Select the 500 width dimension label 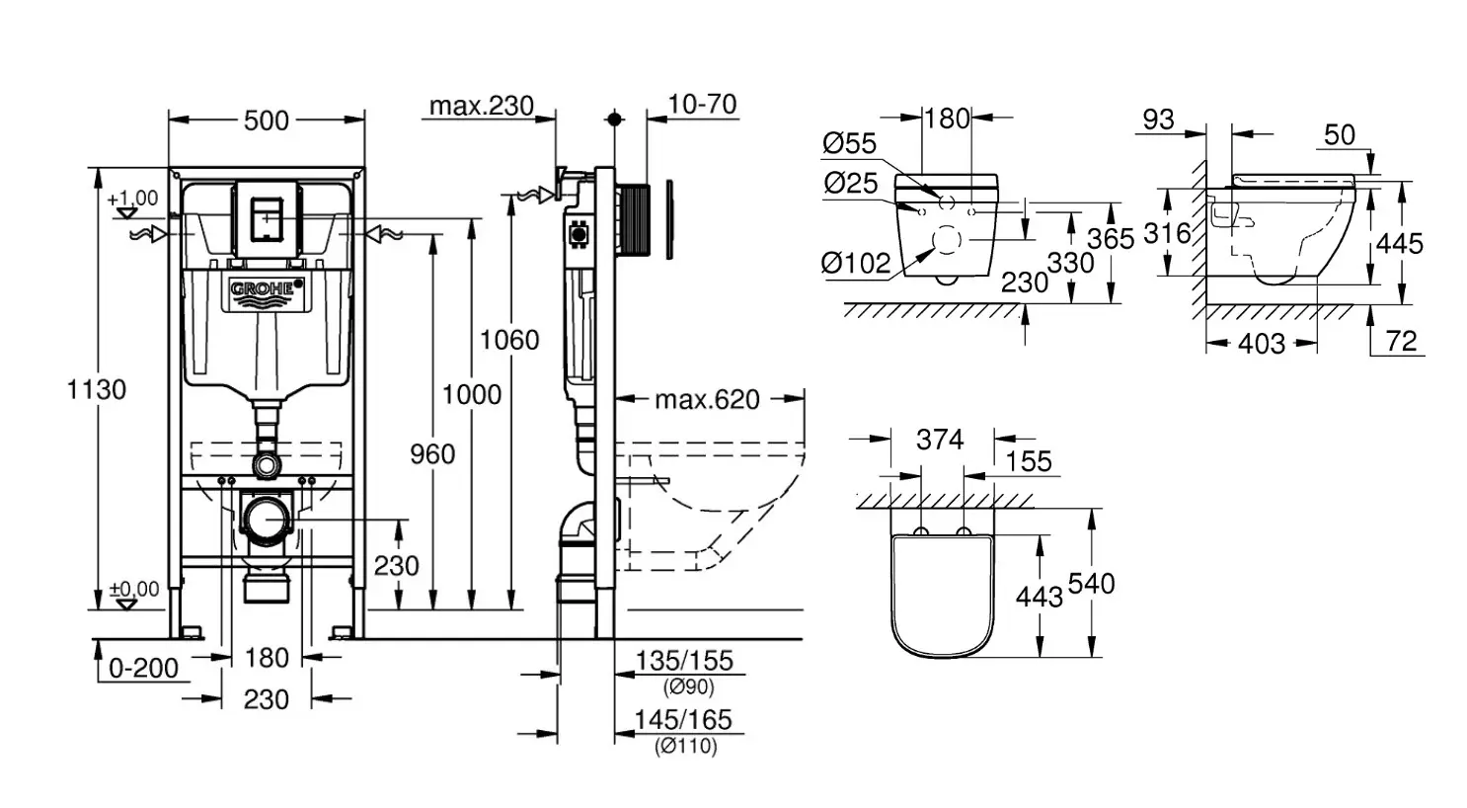[266, 121]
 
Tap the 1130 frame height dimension [97, 389]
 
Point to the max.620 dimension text [707, 399]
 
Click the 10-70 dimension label [702, 104]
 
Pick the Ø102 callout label [856, 264]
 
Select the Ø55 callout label [849, 143]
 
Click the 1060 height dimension [509, 340]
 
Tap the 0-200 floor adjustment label [143, 668]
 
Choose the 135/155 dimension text [684, 661]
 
